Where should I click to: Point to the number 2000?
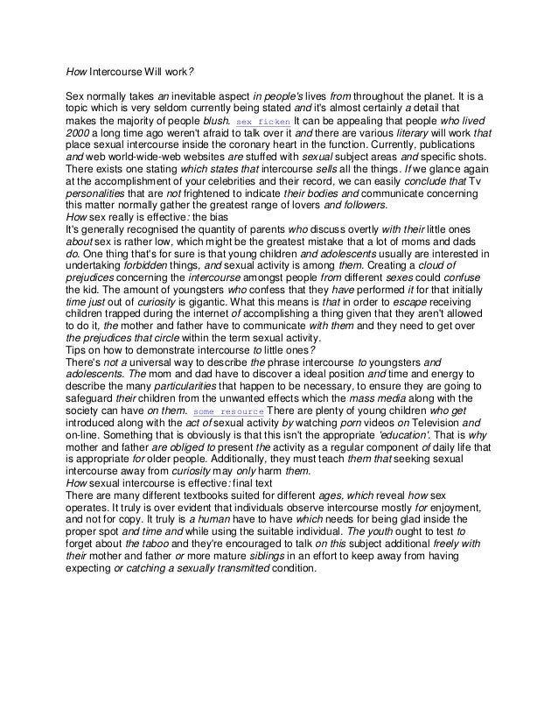(81, 133)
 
